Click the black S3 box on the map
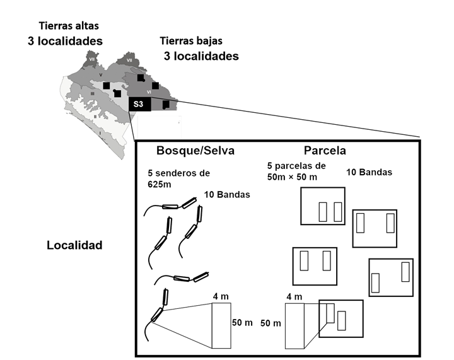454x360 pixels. tap(139, 104)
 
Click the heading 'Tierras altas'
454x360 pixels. tap(69, 26)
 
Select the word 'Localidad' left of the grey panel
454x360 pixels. tap(74, 245)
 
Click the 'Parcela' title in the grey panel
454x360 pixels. tap(324, 151)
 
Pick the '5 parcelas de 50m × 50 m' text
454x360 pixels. tap(297, 171)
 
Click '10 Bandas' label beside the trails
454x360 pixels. tap(227, 195)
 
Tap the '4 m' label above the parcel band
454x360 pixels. tap(294, 296)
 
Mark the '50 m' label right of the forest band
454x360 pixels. tap(243, 323)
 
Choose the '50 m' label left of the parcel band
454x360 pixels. tap(271, 323)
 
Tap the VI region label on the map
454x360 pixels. tap(149, 92)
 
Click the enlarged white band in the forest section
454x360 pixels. tap(221, 325)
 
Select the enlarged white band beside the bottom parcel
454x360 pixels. tap(294, 325)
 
